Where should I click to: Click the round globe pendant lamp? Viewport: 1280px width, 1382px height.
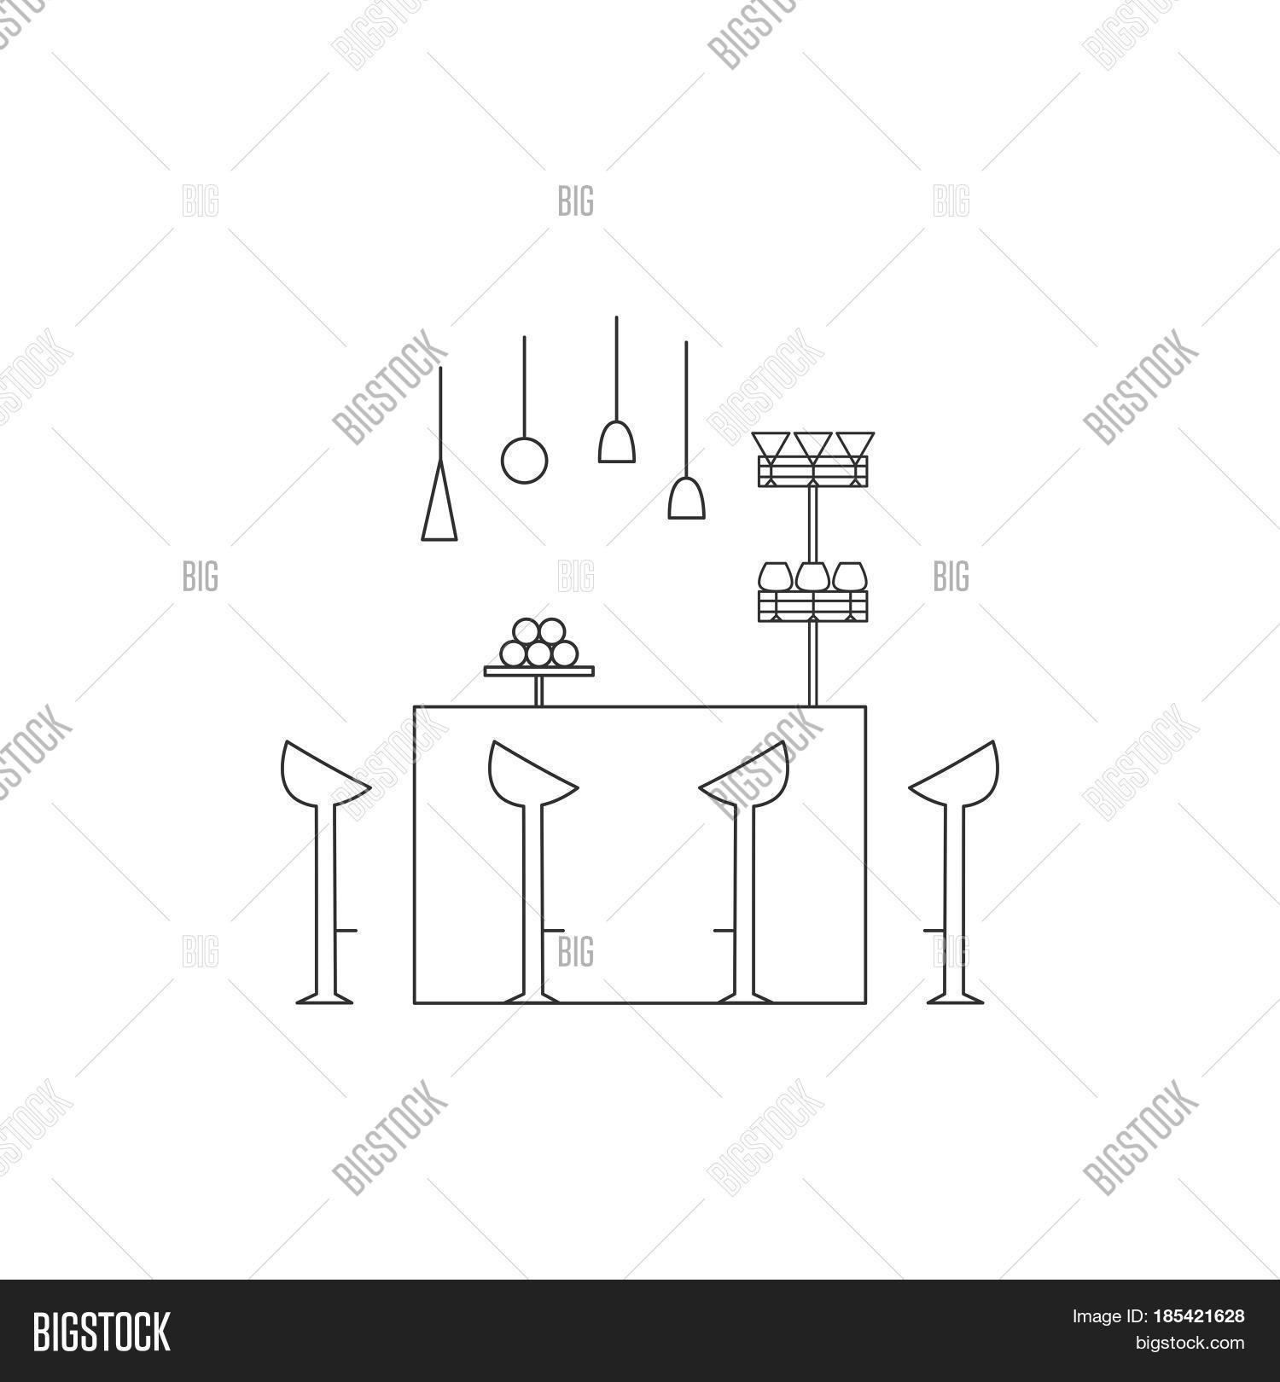tap(524, 459)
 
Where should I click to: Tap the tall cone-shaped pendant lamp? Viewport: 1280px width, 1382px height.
tap(439, 508)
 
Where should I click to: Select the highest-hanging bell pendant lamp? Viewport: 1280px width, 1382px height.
tap(616, 442)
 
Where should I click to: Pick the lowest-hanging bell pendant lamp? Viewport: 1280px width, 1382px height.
tap(686, 499)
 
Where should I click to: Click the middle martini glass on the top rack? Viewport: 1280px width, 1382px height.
tap(813, 446)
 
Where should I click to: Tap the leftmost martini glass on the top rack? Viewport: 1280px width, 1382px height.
tap(771, 446)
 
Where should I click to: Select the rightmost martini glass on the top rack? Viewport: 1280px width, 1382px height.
tap(854, 446)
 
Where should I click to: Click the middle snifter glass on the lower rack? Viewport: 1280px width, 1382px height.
tap(813, 578)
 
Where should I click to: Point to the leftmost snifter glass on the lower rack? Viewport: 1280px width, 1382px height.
tap(775, 578)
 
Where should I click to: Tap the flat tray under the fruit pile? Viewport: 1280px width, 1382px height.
tap(538, 671)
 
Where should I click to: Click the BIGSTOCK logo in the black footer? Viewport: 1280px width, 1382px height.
tap(101, 1331)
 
